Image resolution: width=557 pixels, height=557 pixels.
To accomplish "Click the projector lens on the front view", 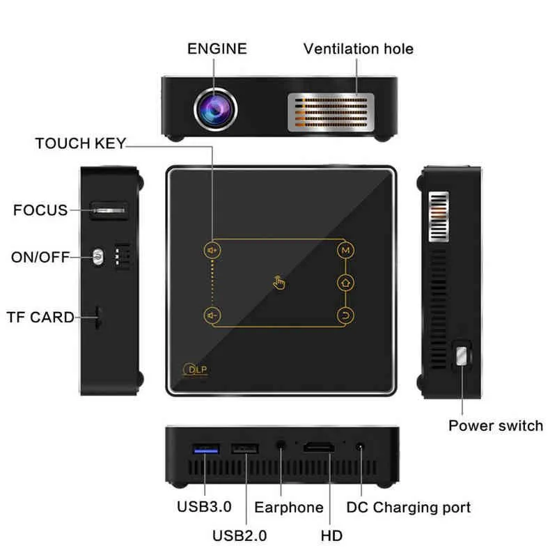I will [x=215, y=108].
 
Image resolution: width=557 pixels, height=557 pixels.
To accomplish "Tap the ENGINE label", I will [x=217, y=49].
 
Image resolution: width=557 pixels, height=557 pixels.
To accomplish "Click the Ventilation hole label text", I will [x=358, y=49].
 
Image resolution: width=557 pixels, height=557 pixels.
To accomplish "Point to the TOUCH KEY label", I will [x=80, y=144].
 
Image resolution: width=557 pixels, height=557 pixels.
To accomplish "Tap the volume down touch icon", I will [x=210, y=314].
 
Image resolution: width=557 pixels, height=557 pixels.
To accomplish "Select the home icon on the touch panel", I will [x=345, y=282].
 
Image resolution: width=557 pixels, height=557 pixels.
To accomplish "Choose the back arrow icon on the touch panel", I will [x=345, y=314].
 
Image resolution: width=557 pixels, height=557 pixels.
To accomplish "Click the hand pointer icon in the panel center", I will [x=278, y=282].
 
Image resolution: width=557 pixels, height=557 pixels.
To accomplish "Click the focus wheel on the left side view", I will [x=109, y=209].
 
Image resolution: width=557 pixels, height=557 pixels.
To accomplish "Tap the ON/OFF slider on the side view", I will [x=99, y=258].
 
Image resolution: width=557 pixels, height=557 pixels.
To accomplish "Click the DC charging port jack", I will [x=360, y=447].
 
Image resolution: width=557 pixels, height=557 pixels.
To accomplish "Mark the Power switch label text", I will [x=495, y=425].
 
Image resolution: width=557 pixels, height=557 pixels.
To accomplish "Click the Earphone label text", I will [x=288, y=508].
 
